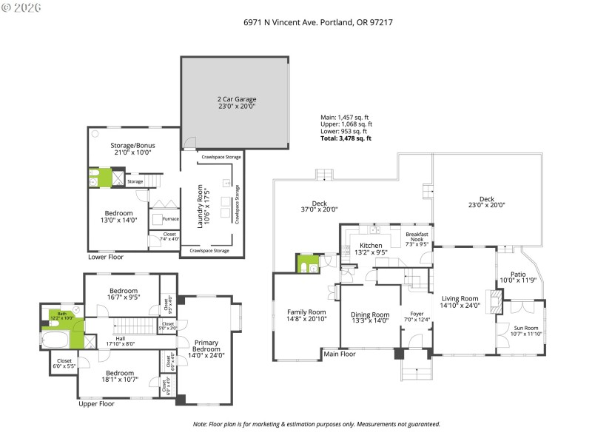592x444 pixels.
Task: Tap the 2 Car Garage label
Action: click(236, 102)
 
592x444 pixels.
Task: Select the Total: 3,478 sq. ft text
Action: click(346, 138)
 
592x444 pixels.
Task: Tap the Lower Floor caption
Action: click(106, 258)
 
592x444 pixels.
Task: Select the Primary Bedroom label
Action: click(206, 349)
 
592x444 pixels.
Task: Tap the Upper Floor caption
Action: click(96, 405)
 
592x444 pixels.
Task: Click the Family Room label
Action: click(306, 315)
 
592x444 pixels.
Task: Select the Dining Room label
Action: click(370, 318)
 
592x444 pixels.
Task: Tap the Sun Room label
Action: click(526, 330)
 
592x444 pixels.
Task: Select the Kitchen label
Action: click(370, 249)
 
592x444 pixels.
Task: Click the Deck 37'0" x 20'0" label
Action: click(319, 206)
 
